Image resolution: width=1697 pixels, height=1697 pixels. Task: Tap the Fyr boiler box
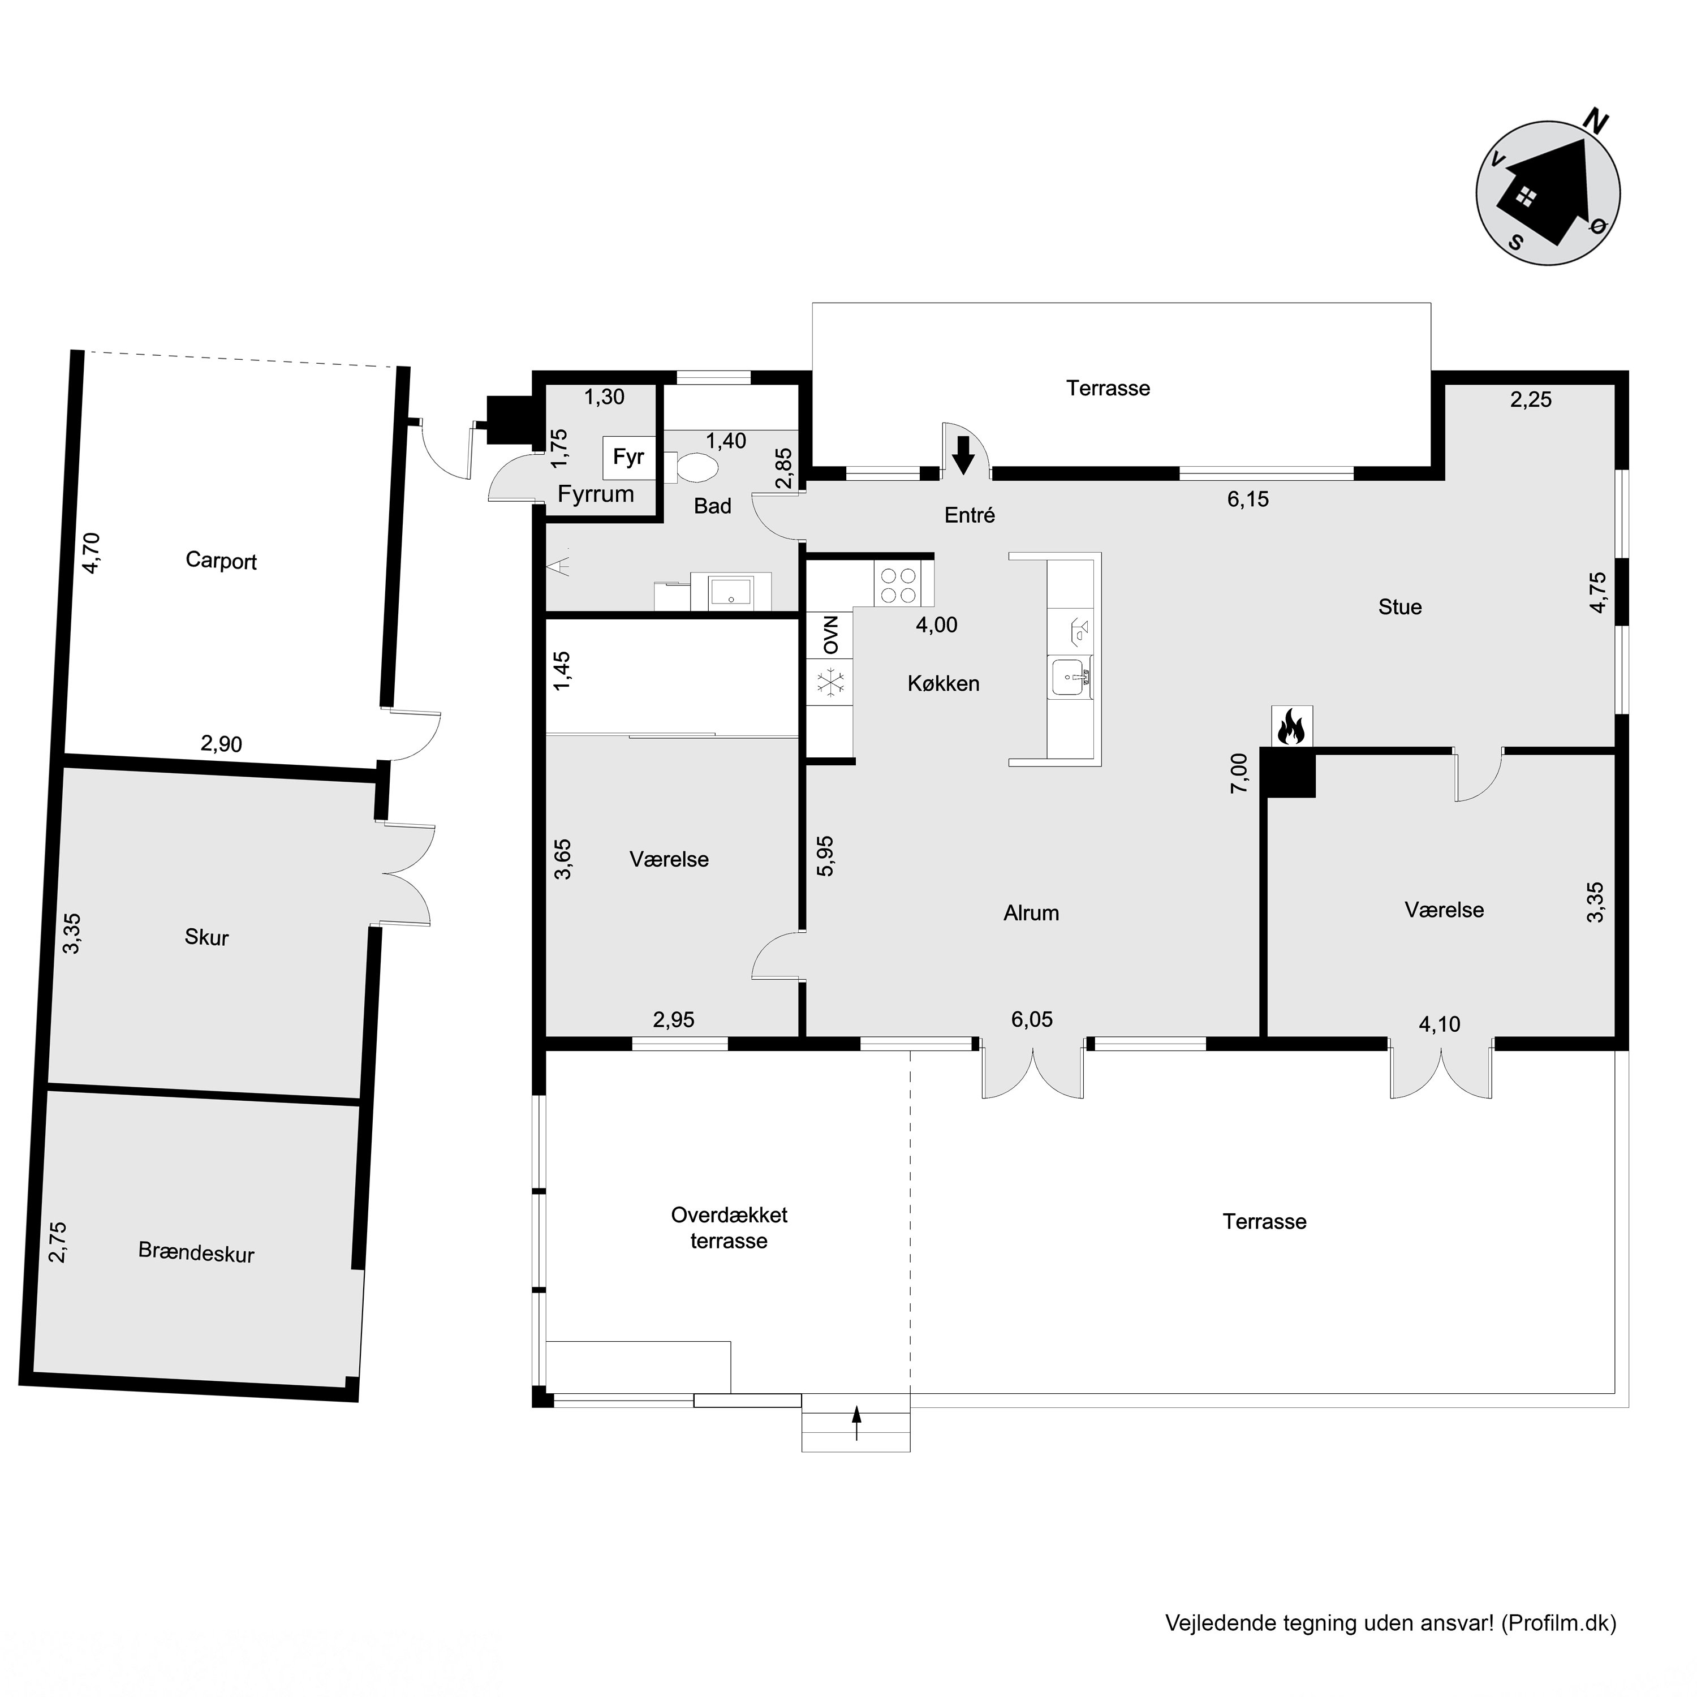click(629, 456)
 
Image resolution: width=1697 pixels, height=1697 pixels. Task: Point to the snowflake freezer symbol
click(830, 683)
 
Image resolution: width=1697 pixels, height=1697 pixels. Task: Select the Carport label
click(221, 561)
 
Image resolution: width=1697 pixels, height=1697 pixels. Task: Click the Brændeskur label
click(196, 1252)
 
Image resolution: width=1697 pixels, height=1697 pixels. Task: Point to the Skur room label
click(206, 937)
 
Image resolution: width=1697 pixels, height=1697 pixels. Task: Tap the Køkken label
click(944, 683)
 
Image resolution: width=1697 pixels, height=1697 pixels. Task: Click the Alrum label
click(1031, 912)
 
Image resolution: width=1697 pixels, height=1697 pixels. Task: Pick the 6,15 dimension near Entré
click(1248, 499)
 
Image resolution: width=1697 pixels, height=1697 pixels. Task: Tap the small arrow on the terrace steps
click(856, 1424)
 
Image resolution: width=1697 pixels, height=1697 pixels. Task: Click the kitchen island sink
click(1070, 677)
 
